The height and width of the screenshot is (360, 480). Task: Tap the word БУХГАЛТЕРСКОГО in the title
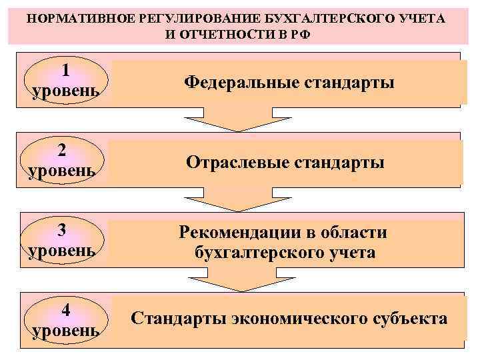point(317,17)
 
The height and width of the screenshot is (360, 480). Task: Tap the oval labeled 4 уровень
point(66,321)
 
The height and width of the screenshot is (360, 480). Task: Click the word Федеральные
point(241,83)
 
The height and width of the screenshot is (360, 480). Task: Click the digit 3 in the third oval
point(61,230)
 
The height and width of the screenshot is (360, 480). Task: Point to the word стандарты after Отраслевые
point(339,162)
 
